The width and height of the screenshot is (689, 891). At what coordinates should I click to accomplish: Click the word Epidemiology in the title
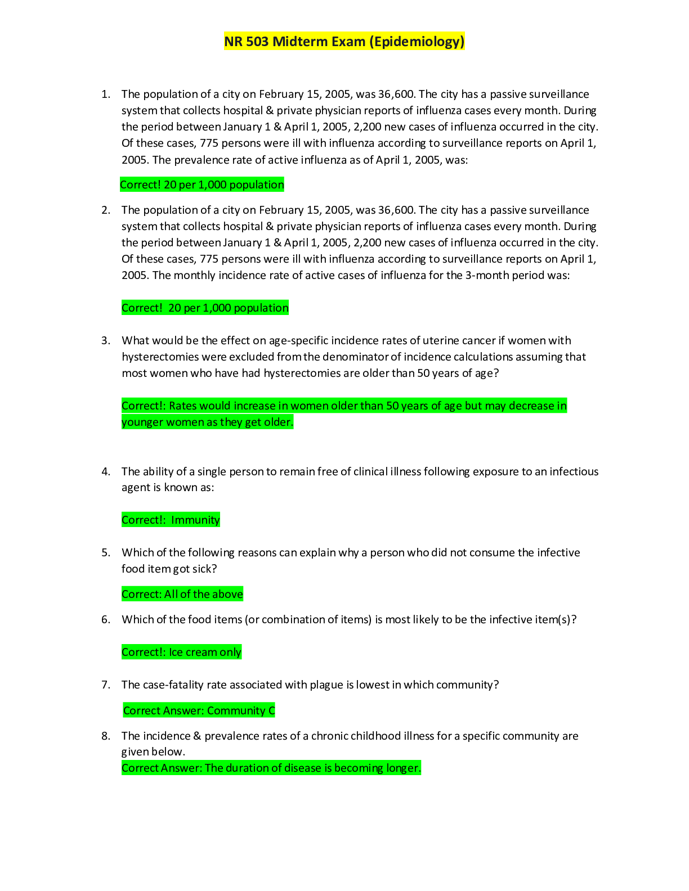coord(417,42)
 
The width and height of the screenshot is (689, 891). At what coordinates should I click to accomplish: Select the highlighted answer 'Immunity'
coord(195,520)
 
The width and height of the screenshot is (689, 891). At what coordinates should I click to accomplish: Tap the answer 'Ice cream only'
coord(205,652)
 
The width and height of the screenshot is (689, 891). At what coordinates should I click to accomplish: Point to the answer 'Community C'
coord(241,710)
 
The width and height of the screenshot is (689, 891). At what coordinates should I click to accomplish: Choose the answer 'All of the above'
coord(203,594)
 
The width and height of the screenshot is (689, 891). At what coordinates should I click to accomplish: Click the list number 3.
coord(106,341)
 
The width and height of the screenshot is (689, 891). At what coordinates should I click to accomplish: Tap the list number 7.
coord(106,685)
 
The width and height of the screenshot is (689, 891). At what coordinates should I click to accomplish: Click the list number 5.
coord(106,553)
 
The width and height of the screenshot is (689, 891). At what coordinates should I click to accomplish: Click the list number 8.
coord(106,736)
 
